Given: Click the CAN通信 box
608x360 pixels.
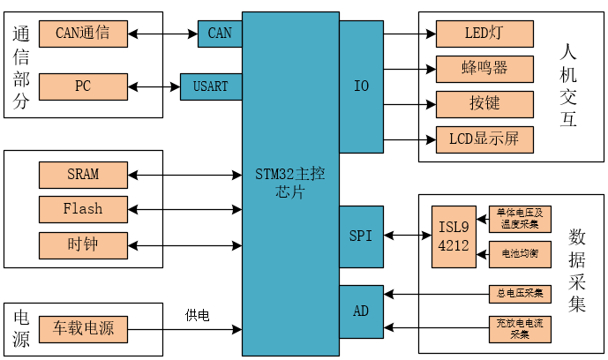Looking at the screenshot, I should pyautogui.click(x=83, y=34).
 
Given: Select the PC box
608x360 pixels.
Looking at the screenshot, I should pyautogui.click(x=83, y=86).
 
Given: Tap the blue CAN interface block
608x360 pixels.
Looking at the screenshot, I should pyautogui.click(x=220, y=34).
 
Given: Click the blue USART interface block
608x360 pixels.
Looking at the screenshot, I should pyautogui.click(x=211, y=86).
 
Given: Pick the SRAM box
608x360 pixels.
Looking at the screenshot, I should pyautogui.click(x=83, y=175).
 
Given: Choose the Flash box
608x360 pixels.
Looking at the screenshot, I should pyautogui.click(x=83, y=209).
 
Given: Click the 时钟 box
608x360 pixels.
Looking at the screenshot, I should pyautogui.click(x=83, y=244).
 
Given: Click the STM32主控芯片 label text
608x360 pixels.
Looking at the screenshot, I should pyautogui.click(x=290, y=183).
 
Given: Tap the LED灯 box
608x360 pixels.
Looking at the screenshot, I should pyautogui.click(x=484, y=34).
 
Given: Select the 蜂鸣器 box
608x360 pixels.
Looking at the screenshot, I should pyautogui.click(x=484, y=69).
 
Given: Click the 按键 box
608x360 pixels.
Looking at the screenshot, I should pyautogui.click(x=484, y=104).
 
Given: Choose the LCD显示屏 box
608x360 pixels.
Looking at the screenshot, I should pyautogui.click(x=484, y=139).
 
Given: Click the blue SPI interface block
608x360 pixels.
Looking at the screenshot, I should pyautogui.click(x=361, y=236).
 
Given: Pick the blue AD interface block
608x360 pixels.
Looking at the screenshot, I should pyautogui.click(x=361, y=311).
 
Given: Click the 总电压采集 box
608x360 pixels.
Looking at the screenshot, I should pyautogui.click(x=520, y=293).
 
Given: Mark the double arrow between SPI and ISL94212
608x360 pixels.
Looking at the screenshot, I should pyautogui.click(x=407, y=236).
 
